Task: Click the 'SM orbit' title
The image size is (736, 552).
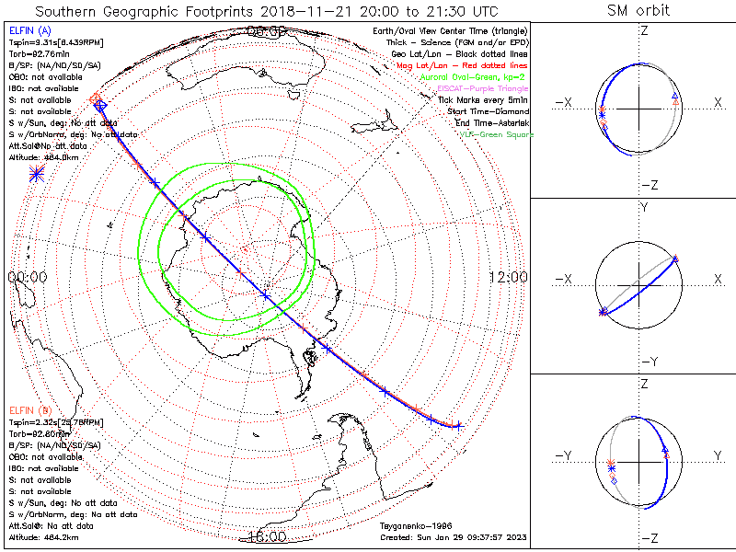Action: [638, 11]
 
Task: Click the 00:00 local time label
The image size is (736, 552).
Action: [27, 277]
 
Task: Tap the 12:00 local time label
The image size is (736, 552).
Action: [508, 277]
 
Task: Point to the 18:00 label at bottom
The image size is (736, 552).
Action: [267, 535]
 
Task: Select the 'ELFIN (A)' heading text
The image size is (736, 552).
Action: [29, 31]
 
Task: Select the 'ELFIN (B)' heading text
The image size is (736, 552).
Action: [29, 409]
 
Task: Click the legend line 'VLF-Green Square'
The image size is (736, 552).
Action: [496, 135]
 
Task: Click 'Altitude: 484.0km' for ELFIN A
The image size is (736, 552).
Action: [44, 157]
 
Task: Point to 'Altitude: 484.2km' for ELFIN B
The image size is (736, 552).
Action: [44, 536]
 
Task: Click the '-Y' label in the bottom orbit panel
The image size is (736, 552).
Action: [566, 456]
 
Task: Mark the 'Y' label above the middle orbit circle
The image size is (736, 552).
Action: [643, 209]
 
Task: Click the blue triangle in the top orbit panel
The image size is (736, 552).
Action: [675, 97]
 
